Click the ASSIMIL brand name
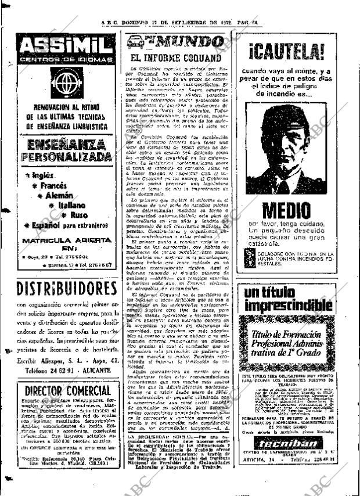(64, 44)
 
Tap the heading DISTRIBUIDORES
(64, 288)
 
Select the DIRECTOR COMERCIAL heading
(64, 390)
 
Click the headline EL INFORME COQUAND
(175, 58)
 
